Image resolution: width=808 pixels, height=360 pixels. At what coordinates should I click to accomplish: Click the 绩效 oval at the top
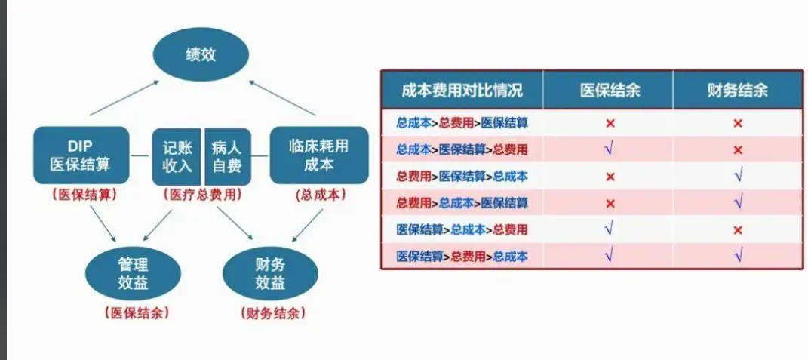pos(201,54)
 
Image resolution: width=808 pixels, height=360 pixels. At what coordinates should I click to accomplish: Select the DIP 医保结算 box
pos(81,155)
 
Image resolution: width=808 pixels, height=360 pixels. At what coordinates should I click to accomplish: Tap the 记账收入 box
pos(177,156)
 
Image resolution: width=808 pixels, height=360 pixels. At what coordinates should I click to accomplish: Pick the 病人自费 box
pos(226,156)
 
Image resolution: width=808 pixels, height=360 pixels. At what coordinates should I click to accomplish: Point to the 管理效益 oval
pos(134,273)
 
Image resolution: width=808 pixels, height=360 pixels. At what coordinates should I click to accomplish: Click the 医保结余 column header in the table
pos(610,91)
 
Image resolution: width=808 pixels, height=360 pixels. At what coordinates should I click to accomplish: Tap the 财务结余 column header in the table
pos(737,91)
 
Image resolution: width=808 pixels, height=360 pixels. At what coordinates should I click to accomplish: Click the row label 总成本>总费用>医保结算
pos(462,122)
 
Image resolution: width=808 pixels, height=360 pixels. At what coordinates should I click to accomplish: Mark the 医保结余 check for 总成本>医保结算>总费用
pos(610,149)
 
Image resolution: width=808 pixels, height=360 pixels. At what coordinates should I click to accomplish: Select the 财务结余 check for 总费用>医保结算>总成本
pos(738,176)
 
